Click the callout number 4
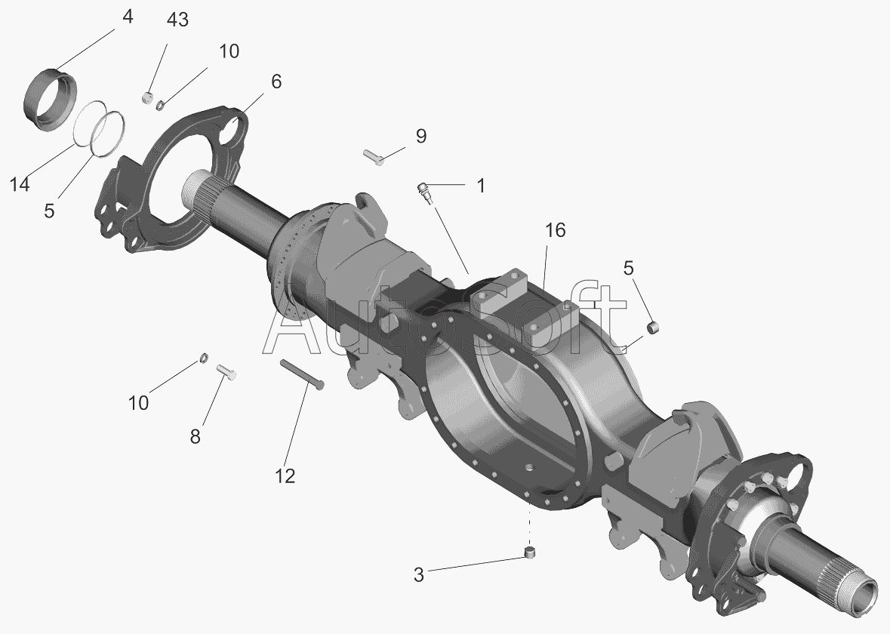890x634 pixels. tap(128, 17)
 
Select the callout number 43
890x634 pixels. tap(177, 20)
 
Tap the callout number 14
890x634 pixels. tap(20, 184)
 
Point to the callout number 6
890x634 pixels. tap(276, 82)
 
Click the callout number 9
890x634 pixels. tap(420, 136)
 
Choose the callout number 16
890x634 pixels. tap(556, 230)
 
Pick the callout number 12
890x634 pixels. tap(285, 476)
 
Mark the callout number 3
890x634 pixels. tap(419, 575)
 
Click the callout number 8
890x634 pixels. tap(195, 436)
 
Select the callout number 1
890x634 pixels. tap(481, 186)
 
